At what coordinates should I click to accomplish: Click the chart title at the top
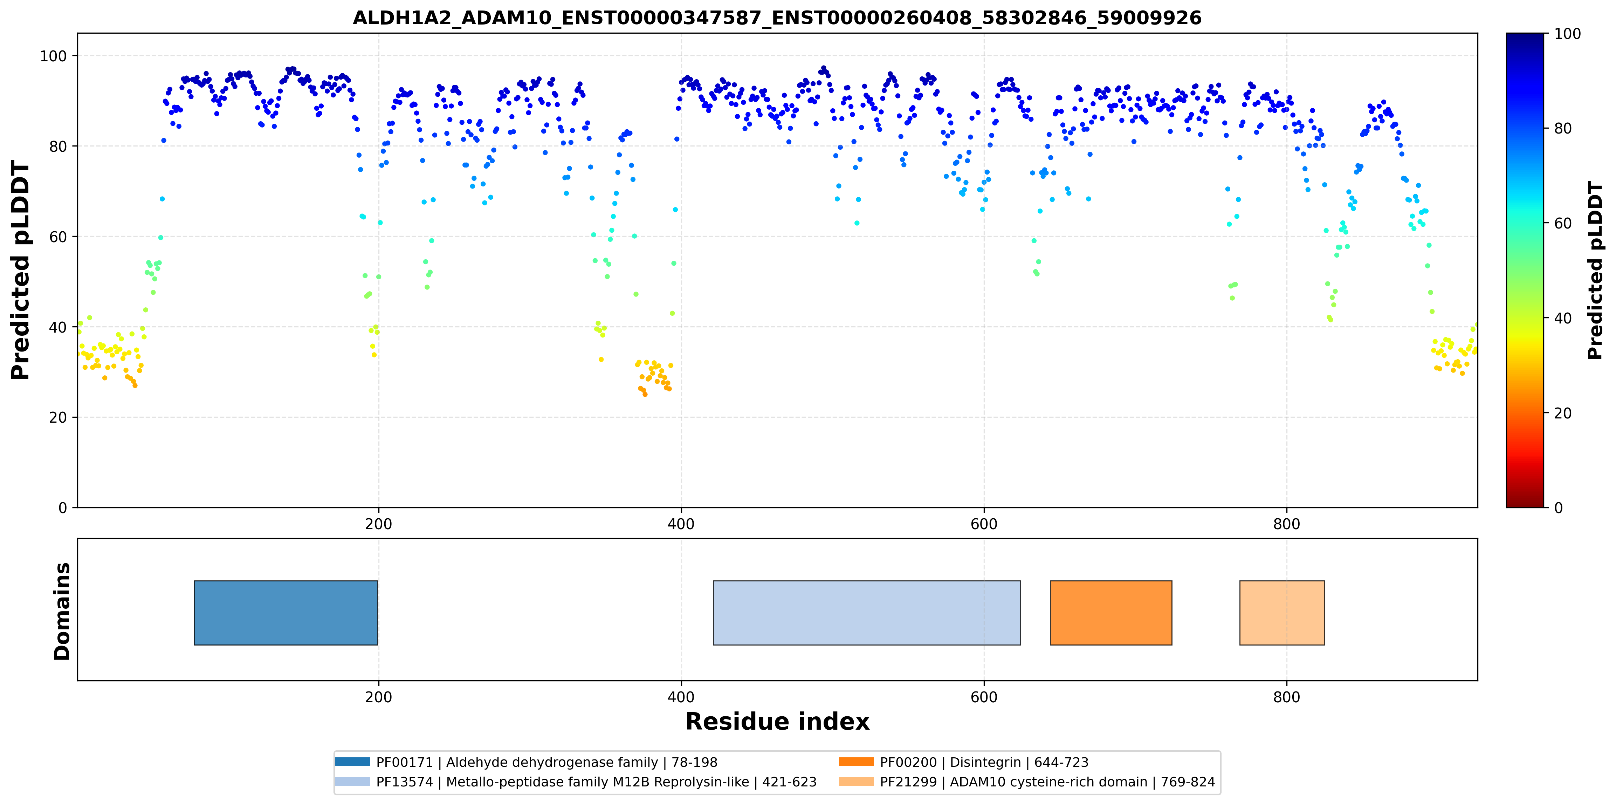coord(777,18)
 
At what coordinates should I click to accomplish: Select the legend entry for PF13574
coord(576,782)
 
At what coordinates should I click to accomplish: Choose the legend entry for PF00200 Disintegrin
coord(964,762)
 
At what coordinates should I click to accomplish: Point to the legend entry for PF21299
coord(1027,782)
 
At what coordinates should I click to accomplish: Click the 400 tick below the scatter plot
coord(681,524)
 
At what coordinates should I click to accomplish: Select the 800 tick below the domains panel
coord(1287,697)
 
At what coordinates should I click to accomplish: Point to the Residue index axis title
coord(777,722)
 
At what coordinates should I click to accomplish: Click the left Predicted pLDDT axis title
coord(21,271)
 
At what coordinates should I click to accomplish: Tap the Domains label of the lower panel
coord(62,611)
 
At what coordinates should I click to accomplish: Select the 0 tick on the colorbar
coord(1558,507)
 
